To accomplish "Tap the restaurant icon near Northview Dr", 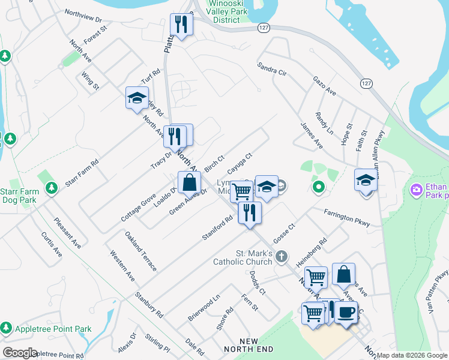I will (x=179, y=25).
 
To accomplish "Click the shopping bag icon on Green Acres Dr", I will (x=189, y=182).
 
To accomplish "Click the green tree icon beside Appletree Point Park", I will (x=6, y=328).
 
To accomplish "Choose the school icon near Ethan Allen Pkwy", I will (x=365, y=179).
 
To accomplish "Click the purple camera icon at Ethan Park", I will (x=416, y=190).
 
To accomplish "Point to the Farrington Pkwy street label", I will (x=346, y=217).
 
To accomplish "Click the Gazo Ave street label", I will (x=324, y=85).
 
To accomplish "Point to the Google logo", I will (x=20, y=353).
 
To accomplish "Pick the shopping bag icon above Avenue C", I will (x=343, y=274).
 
